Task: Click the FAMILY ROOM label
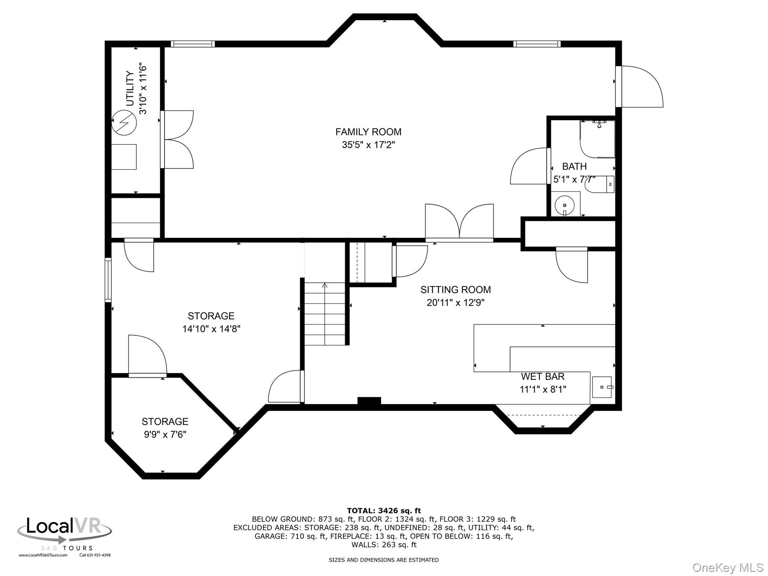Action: tap(368, 132)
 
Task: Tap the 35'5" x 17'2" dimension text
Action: tap(368, 145)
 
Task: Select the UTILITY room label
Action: tap(130, 88)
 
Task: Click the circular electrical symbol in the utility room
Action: tap(124, 122)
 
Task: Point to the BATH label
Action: tap(574, 166)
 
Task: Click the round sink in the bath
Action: tap(564, 205)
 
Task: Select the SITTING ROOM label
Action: tap(455, 289)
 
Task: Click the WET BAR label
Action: tap(542, 376)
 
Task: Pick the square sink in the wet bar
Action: tap(601, 387)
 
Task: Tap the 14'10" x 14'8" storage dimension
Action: tap(211, 329)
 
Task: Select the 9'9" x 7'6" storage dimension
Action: tap(165, 434)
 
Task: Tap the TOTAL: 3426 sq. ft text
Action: tap(384, 510)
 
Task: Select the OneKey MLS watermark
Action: tap(727, 567)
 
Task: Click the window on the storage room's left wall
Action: tap(108, 280)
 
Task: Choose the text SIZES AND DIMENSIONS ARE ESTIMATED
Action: tap(384, 560)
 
